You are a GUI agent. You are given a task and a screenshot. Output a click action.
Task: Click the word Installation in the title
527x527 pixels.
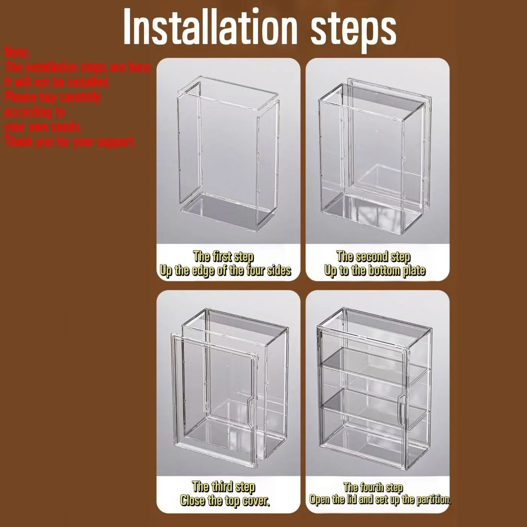coord(210,27)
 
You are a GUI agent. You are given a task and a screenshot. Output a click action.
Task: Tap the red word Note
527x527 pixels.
coord(17,53)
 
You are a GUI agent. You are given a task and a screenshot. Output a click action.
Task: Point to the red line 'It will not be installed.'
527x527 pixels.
coord(57,82)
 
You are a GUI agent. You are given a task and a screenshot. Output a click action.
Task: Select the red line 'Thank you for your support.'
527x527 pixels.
coord(70,142)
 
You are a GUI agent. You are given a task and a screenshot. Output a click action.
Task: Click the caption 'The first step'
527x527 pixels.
coord(223,256)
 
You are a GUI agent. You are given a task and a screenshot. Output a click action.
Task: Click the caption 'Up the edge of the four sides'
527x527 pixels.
coord(225,270)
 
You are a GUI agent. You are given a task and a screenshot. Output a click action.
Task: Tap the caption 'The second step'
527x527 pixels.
coord(373,257)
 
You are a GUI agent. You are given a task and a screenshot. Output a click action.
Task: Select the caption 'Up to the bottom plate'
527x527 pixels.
coord(375,270)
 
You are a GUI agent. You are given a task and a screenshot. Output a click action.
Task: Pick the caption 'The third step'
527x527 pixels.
coord(223,486)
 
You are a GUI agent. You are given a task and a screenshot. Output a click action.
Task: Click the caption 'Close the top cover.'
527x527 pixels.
coord(225,500)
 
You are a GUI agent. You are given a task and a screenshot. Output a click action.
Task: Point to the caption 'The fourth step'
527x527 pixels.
coord(373,487)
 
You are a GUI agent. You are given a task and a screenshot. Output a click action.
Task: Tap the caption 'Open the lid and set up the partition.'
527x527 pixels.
coord(380,500)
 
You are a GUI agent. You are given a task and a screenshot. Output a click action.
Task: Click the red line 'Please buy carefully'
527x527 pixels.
coord(53,97)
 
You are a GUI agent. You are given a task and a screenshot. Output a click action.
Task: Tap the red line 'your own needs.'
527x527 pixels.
coord(43,127)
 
